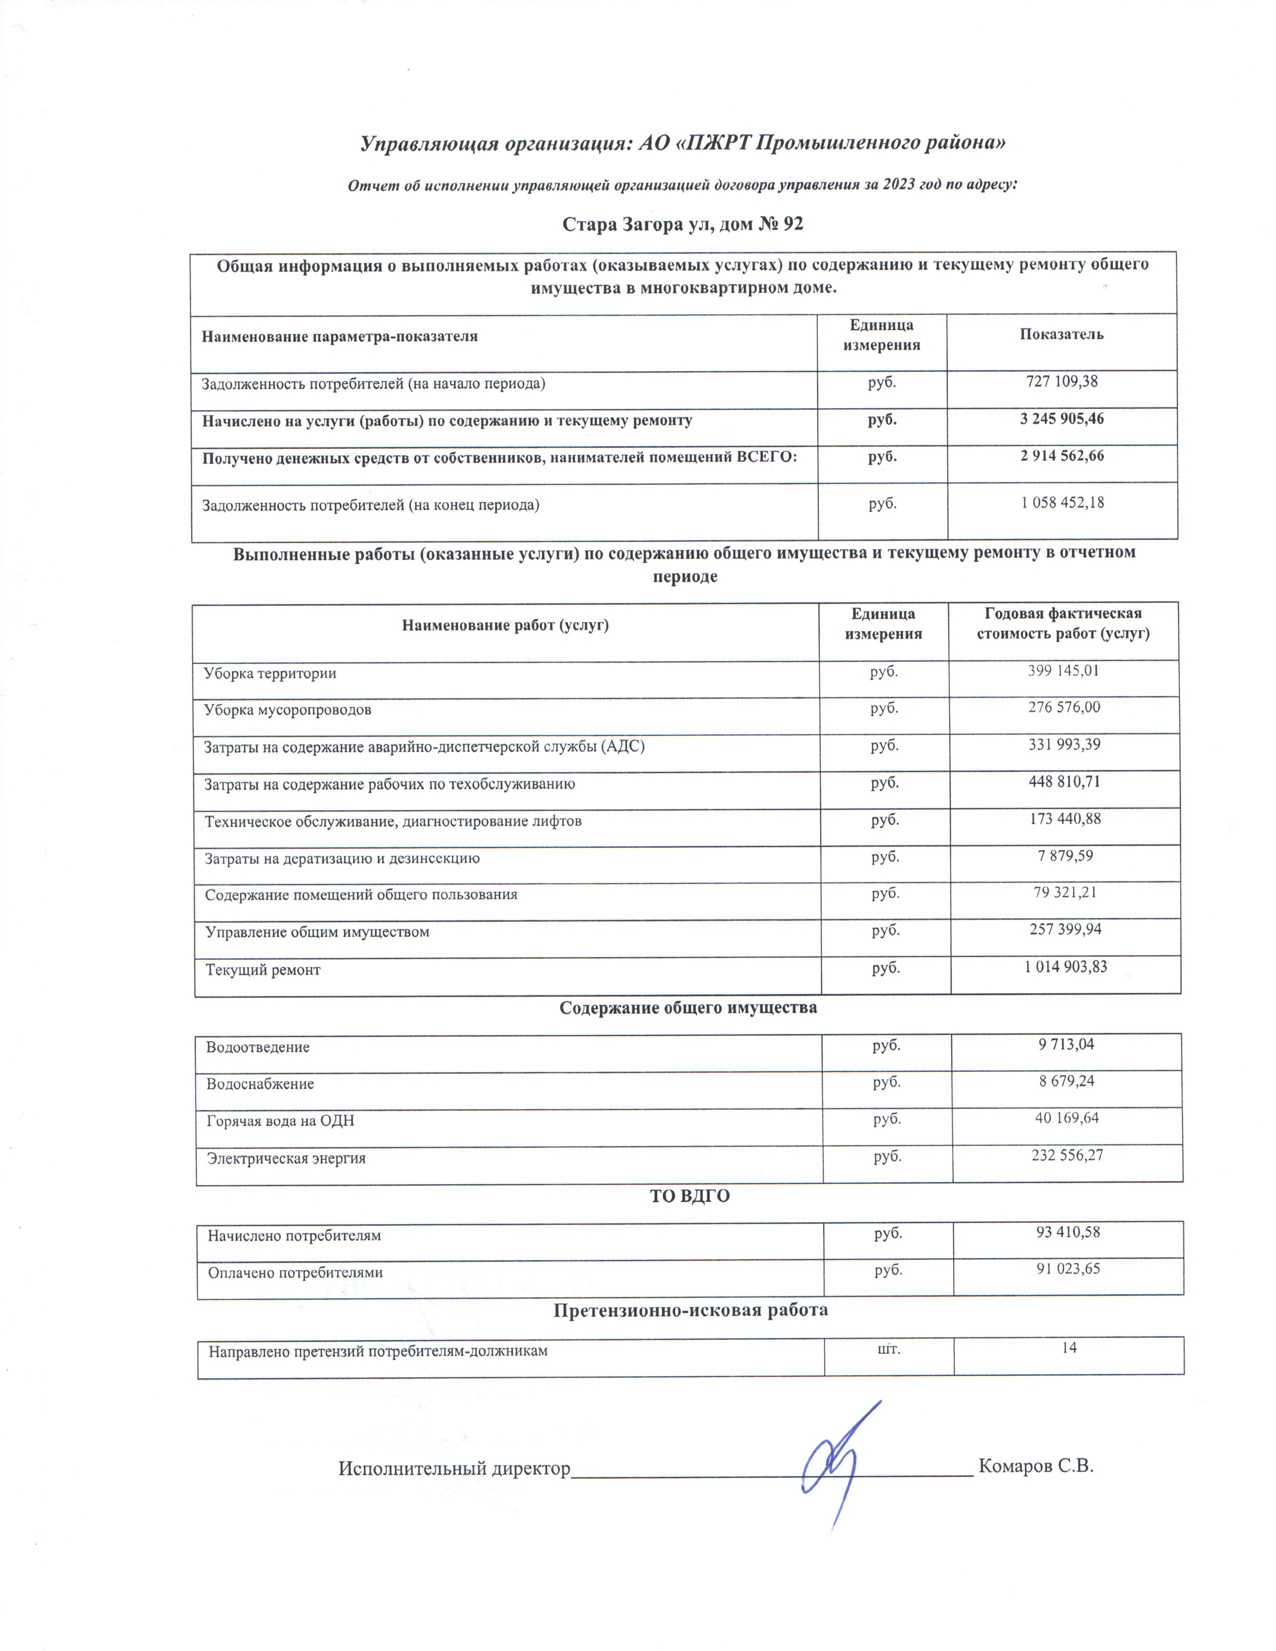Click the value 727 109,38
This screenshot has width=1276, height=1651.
[1061, 382]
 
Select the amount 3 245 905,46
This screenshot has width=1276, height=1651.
[1061, 419]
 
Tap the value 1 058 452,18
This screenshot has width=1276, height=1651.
[1062, 503]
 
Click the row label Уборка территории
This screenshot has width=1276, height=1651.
[270, 673]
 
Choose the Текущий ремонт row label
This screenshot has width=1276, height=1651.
[263, 970]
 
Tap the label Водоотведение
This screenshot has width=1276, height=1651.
[258, 1047]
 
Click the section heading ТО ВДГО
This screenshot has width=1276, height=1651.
[690, 1196]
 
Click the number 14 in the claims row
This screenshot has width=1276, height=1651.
[1069, 1347]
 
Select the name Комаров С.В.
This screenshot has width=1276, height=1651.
[1036, 1466]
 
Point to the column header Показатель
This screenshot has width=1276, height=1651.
[1061, 334]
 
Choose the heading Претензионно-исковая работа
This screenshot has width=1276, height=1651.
[690, 1310]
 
